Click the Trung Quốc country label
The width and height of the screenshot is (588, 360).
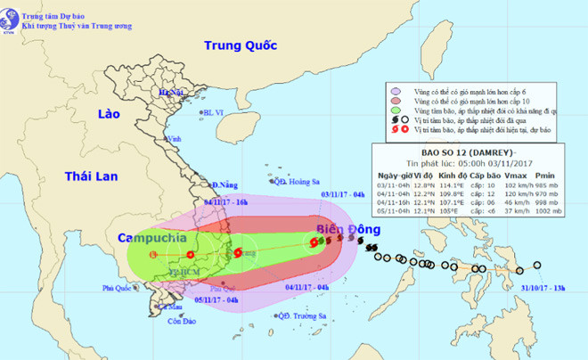[x=241, y=45]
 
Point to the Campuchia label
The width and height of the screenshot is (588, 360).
[x=157, y=239]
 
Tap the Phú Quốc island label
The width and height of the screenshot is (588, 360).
[x=116, y=288]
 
